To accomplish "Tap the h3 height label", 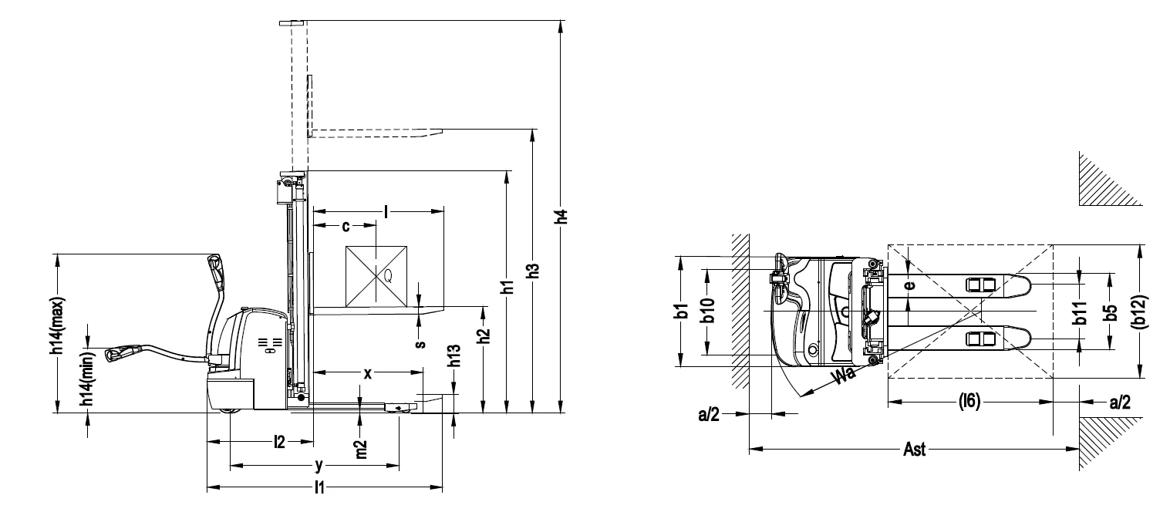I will [533, 271].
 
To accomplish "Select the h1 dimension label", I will [507, 288].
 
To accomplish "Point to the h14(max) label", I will [57, 327].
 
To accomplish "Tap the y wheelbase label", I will [318, 466].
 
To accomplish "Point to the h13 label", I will [455, 355].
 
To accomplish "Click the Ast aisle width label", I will [914, 449].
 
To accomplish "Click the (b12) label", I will [1142, 312].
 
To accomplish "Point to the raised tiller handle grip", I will [215, 271].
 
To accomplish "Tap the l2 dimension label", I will [280, 442].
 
